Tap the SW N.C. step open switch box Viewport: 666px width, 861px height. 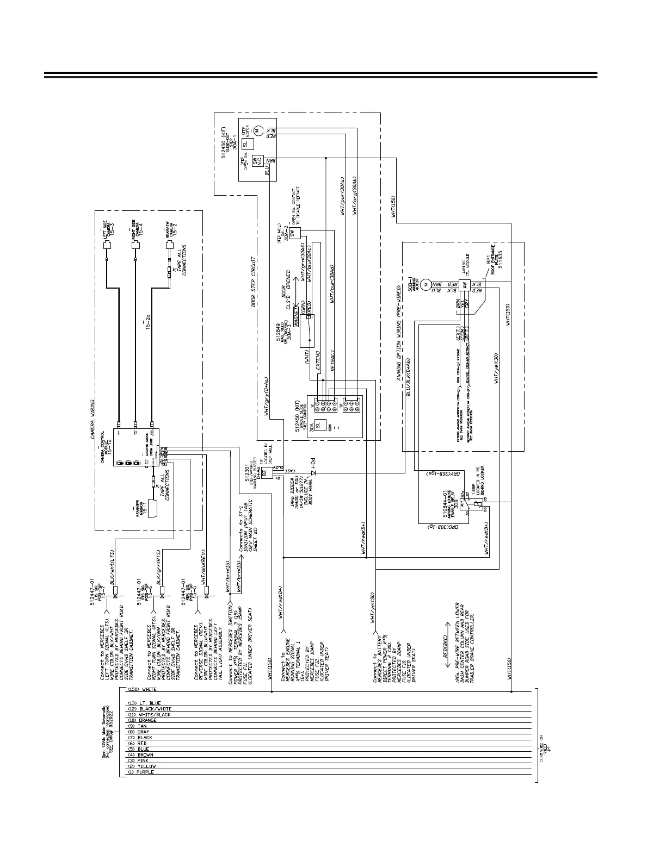256,161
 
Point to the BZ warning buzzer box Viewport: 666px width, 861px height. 265,473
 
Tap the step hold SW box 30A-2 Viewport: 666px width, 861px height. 293,232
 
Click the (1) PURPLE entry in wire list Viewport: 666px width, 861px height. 141,772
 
